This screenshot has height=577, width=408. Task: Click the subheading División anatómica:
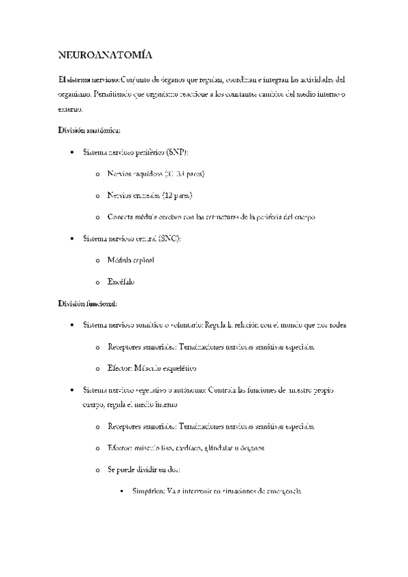pyautogui.click(x=90, y=130)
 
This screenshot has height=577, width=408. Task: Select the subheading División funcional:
pyautogui.click(x=89, y=303)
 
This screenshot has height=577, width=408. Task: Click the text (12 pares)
pyautogui.click(x=177, y=195)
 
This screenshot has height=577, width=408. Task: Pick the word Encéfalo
pyautogui.click(x=121, y=282)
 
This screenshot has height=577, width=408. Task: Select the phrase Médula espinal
pyautogui.click(x=131, y=260)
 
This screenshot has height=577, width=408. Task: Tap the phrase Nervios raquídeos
pyautogui.click(x=135, y=174)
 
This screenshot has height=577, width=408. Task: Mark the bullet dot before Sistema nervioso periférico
pyautogui.click(x=72, y=152)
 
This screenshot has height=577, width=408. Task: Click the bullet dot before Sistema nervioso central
pyautogui.click(x=72, y=239)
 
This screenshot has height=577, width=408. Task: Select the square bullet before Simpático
pyautogui.click(x=123, y=491)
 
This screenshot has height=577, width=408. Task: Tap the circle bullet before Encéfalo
pyautogui.click(x=98, y=282)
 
